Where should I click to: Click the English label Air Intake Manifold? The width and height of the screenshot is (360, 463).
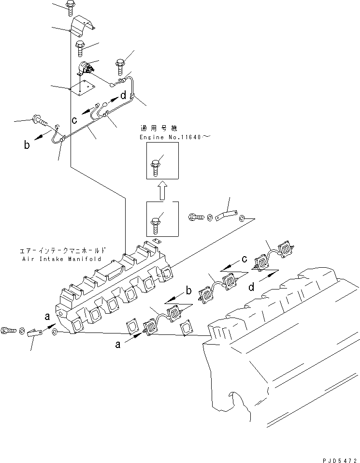62,259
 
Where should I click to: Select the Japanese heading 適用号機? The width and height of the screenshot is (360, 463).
158,129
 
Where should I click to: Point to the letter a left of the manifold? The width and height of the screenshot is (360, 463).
47,317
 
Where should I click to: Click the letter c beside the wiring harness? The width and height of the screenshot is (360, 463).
75,119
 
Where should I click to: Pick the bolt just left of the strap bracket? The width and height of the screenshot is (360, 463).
194,217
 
